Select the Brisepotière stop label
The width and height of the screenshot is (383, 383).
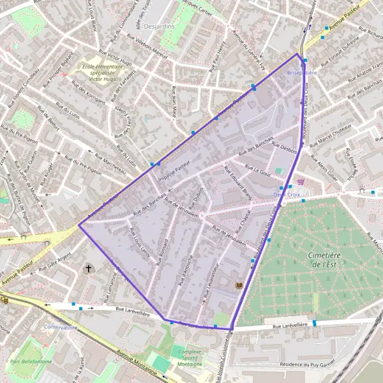(x=302, y=73)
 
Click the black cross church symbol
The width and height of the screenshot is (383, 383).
(x=89, y=269)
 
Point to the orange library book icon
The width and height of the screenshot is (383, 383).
(x=240, y=285)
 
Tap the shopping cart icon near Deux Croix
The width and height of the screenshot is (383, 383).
(x=301, y=181)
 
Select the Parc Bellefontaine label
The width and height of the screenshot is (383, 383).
(x=30, y=361)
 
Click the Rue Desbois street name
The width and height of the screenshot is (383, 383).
(x=285, y=149)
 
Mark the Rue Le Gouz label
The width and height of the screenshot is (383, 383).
(x=258, y=172)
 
